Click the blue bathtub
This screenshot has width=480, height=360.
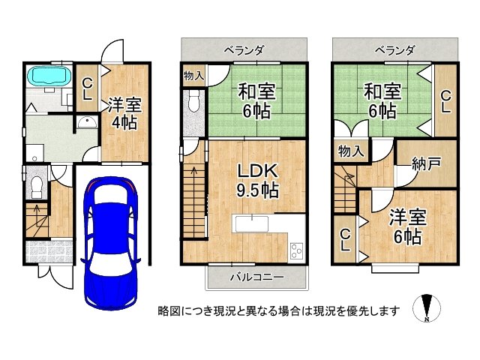click(x=49, y=76)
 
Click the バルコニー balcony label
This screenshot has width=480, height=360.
click(x=256, y=277)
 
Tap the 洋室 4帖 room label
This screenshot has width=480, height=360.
click(x=120, y=112)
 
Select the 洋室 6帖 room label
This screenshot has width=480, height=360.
click(x=408, y=226)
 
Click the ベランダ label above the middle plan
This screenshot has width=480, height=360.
click(x=244, y=50)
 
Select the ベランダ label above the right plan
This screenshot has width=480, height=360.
click(x=394, y=50)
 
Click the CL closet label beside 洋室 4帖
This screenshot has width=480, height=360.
click(x=87, y=89)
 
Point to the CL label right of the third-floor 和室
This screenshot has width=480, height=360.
click(x=445, y=101)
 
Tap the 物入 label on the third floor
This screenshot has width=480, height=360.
click(x=351, y=151)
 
